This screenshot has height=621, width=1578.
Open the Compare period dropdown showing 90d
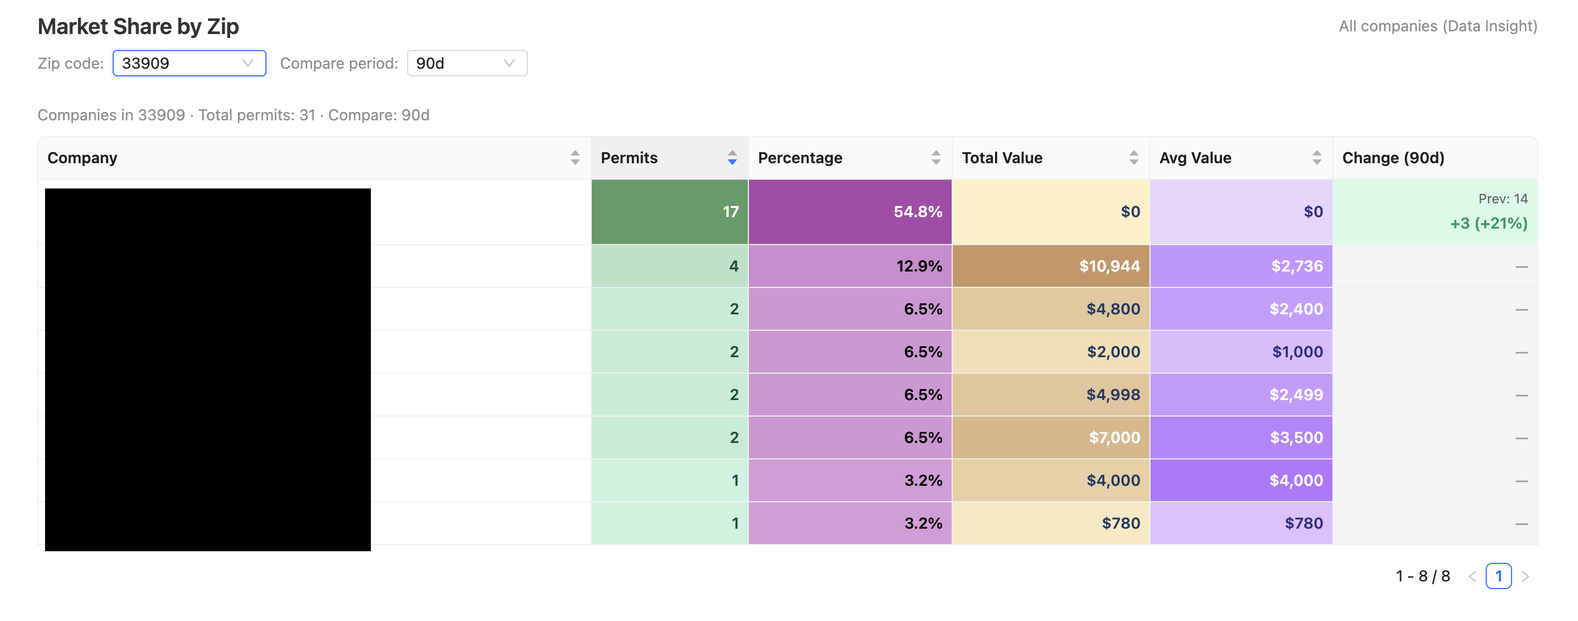[467, 63]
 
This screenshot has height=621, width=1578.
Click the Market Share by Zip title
[138, 26]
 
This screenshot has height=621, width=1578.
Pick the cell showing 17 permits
[669, 212]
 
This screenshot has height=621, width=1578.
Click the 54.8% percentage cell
[849, 212]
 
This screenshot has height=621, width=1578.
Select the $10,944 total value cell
[1051, 266]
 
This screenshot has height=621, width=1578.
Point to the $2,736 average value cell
[1241, 266]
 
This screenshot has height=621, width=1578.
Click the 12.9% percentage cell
[849, 266]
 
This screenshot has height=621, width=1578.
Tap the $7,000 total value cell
[1051, 437]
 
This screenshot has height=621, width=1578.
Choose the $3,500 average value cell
[1241, 437]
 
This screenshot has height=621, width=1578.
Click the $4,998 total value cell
[1051, 395]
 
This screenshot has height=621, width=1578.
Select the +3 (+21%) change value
[1488, 224]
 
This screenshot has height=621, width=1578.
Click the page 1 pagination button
[1498, 576]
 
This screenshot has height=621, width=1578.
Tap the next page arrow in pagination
[1525, 576]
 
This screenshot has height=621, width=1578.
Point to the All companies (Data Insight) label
[1438, 26]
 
